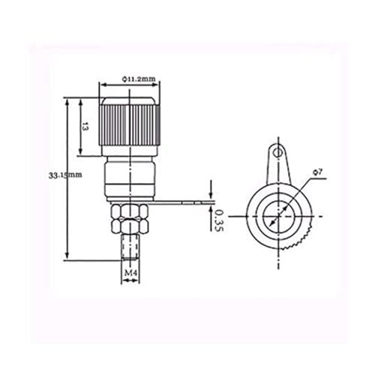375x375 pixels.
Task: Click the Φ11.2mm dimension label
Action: tap(139, 79)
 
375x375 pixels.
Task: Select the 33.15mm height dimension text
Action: tap(65, 175)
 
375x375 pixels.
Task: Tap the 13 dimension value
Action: tap(85, 127)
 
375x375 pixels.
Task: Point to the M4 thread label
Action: tap(130, 273)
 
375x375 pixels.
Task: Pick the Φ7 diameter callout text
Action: tap(318, 172)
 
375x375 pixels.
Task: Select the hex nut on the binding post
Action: tap(130, 218)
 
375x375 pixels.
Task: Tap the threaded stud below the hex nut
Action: tap(130, 247)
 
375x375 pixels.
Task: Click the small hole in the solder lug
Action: tap(277, 152)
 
